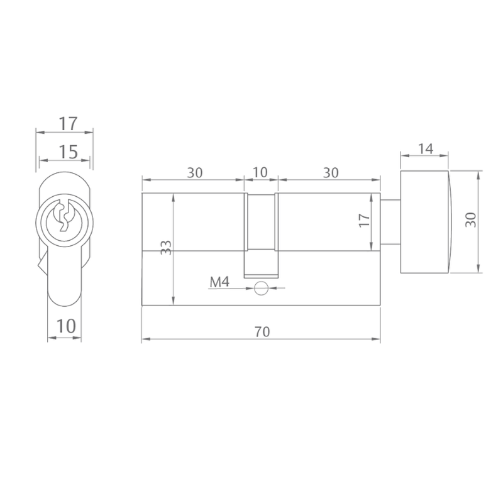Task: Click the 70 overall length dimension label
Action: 262,332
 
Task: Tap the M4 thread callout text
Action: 219,282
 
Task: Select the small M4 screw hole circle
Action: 261,288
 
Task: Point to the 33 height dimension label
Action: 166,247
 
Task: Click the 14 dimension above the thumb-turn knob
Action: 425,148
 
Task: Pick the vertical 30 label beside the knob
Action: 471,219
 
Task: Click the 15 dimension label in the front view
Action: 69,152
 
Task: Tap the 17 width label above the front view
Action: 69,123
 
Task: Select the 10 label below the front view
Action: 66,326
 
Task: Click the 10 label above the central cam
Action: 260,172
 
